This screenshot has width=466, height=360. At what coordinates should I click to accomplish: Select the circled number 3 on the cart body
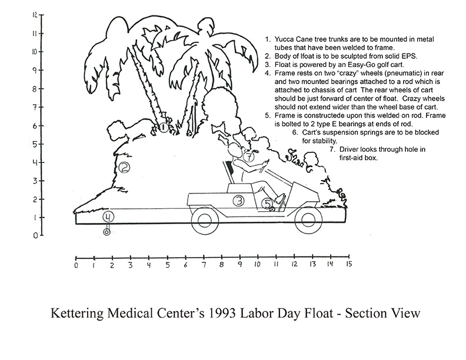click(238, 201)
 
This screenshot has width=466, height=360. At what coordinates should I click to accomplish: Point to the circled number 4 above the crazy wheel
click(107, 217)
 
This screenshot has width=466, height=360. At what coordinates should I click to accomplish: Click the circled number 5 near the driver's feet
click(268, 204)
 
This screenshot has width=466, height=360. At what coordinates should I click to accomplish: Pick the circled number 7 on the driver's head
click(249, 158)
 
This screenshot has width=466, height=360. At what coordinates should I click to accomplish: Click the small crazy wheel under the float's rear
click(106, 232)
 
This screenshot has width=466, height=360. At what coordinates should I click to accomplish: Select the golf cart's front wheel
click(308, 222)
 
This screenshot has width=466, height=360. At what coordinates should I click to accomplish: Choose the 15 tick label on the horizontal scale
click(348, 265)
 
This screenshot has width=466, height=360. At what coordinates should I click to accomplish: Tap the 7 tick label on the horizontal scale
click(204, 265)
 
